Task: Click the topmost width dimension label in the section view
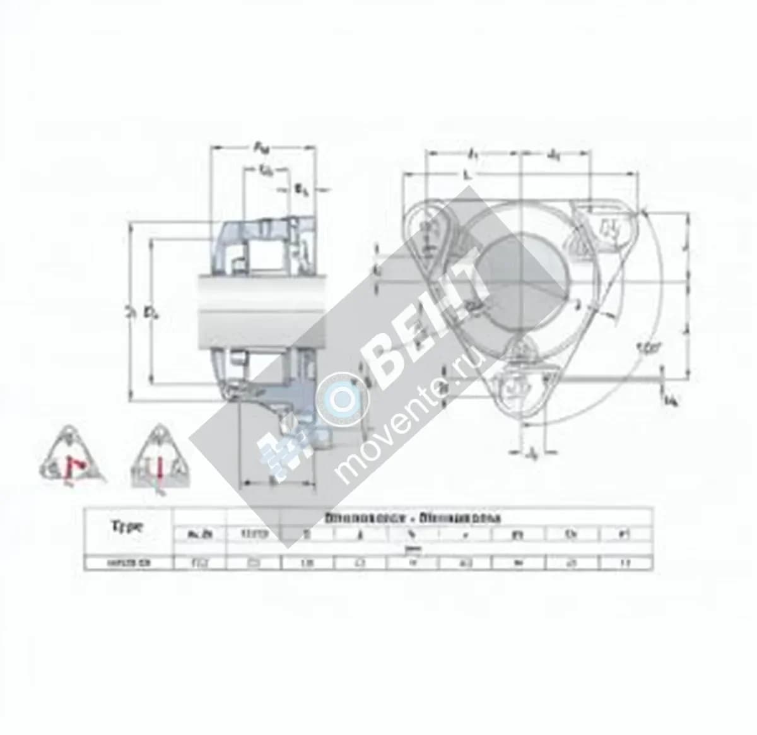point(261,147)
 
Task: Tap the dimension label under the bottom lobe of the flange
point(533,452)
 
